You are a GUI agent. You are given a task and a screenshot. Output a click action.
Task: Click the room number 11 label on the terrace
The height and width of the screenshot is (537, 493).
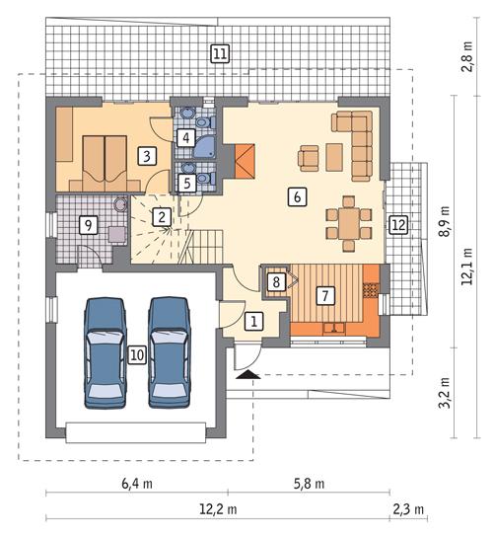coord(219,53)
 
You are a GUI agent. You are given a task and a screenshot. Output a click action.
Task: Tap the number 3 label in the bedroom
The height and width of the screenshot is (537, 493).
coord(145,156)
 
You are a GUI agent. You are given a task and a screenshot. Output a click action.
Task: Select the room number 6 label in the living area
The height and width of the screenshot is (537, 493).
coord(295,196)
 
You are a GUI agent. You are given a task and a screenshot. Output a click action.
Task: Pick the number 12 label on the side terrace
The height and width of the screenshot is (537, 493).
coord(397,224)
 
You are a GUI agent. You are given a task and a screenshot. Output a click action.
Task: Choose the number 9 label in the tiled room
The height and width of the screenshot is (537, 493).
coord(89,225)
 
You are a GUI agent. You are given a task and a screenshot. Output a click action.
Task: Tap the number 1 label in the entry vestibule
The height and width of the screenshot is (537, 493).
coord(253,321)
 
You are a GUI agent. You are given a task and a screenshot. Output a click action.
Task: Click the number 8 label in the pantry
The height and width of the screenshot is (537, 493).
coord(277,282)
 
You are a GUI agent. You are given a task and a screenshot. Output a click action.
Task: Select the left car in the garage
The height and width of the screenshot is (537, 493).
coord(107,351)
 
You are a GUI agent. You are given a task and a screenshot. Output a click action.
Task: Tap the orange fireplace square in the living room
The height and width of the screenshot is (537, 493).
coord(245,157)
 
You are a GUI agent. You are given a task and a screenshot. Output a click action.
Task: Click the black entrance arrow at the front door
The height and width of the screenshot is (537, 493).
coord(247,374)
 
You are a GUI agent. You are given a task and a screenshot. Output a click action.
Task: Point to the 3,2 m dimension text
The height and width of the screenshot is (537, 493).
coord(445,392)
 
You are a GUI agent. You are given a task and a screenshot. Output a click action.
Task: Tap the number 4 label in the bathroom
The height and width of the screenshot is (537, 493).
coord(185,138)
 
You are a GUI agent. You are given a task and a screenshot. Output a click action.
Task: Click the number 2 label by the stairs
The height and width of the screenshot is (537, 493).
coord(159,216)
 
